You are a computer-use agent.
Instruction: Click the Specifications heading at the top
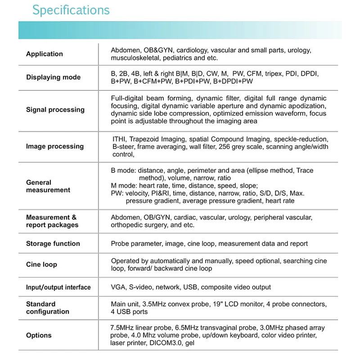71,10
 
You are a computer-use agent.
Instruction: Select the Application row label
45,54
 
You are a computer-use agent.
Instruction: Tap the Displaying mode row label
53,77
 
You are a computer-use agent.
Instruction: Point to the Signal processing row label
55,110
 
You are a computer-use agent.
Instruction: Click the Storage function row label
53,244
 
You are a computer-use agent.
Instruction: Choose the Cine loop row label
41,265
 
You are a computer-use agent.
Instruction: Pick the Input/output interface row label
58,288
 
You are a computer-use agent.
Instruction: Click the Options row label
39,335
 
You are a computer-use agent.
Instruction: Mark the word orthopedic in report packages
127,225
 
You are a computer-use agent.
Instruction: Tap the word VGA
118,287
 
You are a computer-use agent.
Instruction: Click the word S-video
144,287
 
